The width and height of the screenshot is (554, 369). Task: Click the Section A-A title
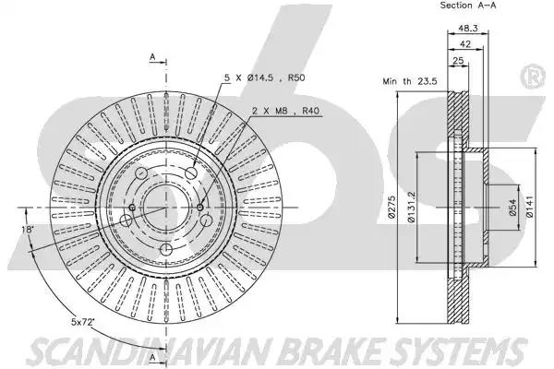(x=468, y=6)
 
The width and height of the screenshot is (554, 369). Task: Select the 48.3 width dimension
(x=468, y=29)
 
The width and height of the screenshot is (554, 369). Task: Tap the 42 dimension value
(x=465, y=43)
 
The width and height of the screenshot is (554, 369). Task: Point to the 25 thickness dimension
(x=458, y=60)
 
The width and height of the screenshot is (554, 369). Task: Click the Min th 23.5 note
(x=410, y=81)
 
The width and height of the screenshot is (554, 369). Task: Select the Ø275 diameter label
(x=391, y=208)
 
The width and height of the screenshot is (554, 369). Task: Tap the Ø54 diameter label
(x=512, y=208)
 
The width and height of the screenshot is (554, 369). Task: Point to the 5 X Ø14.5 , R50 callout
(x=265, y=77)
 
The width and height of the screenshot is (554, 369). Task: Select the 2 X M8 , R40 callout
(x=285, y=111)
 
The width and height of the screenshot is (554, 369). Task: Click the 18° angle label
(x=27, y=230)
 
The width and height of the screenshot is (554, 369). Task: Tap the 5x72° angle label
(x=83, y=322)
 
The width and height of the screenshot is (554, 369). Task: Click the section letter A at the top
(x=152, y=56)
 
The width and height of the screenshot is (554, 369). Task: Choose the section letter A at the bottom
(x=152, y=357)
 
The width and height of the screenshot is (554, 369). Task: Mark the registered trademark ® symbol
(x=533, y=76)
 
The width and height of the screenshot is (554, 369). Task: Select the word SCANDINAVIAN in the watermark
(x=149, y=351)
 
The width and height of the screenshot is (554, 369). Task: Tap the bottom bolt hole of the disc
(x=165, y=250)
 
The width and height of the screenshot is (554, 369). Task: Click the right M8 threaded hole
(x=200, y=208)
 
